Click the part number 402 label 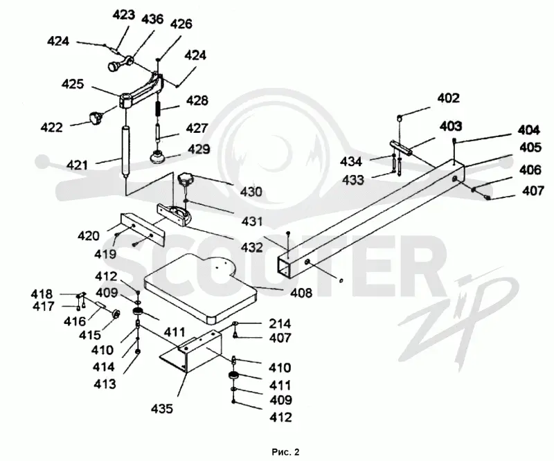point(448,98)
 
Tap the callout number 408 point(301,293)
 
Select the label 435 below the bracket point(162,408)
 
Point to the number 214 point(280,323)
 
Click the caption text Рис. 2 point(285,452)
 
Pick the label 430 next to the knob point(251,192)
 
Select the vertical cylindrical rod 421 point(125,150)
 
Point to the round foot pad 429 point(158,156)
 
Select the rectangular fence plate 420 point(143,229)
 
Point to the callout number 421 point(78,165)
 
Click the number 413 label point(105,383)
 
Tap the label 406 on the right point(530,170)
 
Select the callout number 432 point(252,247)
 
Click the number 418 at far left point(42,294)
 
